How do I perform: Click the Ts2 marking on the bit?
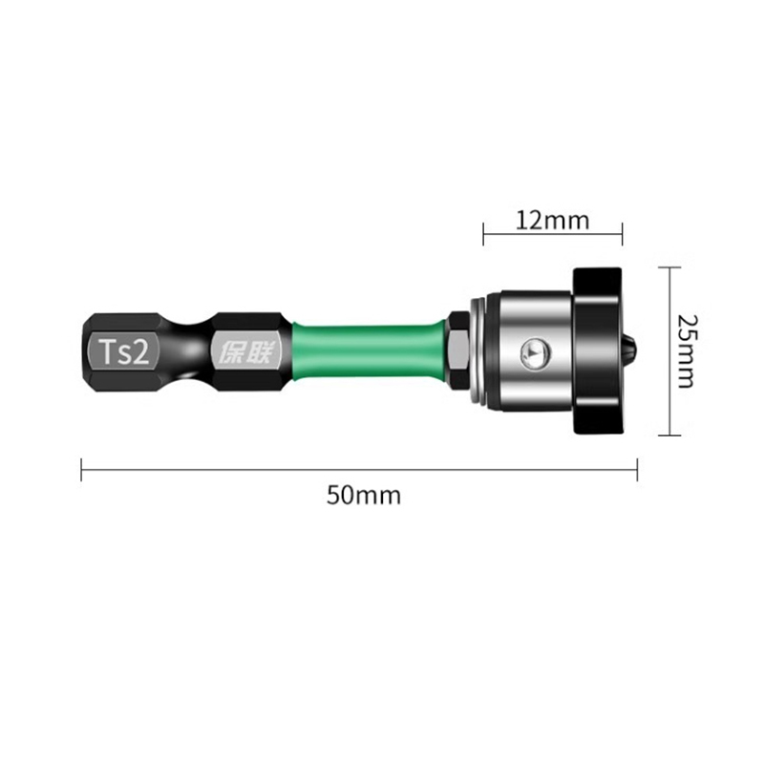124,351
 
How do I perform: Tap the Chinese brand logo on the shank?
246,351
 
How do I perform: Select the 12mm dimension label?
552,221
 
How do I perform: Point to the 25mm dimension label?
688,350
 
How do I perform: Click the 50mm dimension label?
364,495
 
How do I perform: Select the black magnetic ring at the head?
598,350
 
